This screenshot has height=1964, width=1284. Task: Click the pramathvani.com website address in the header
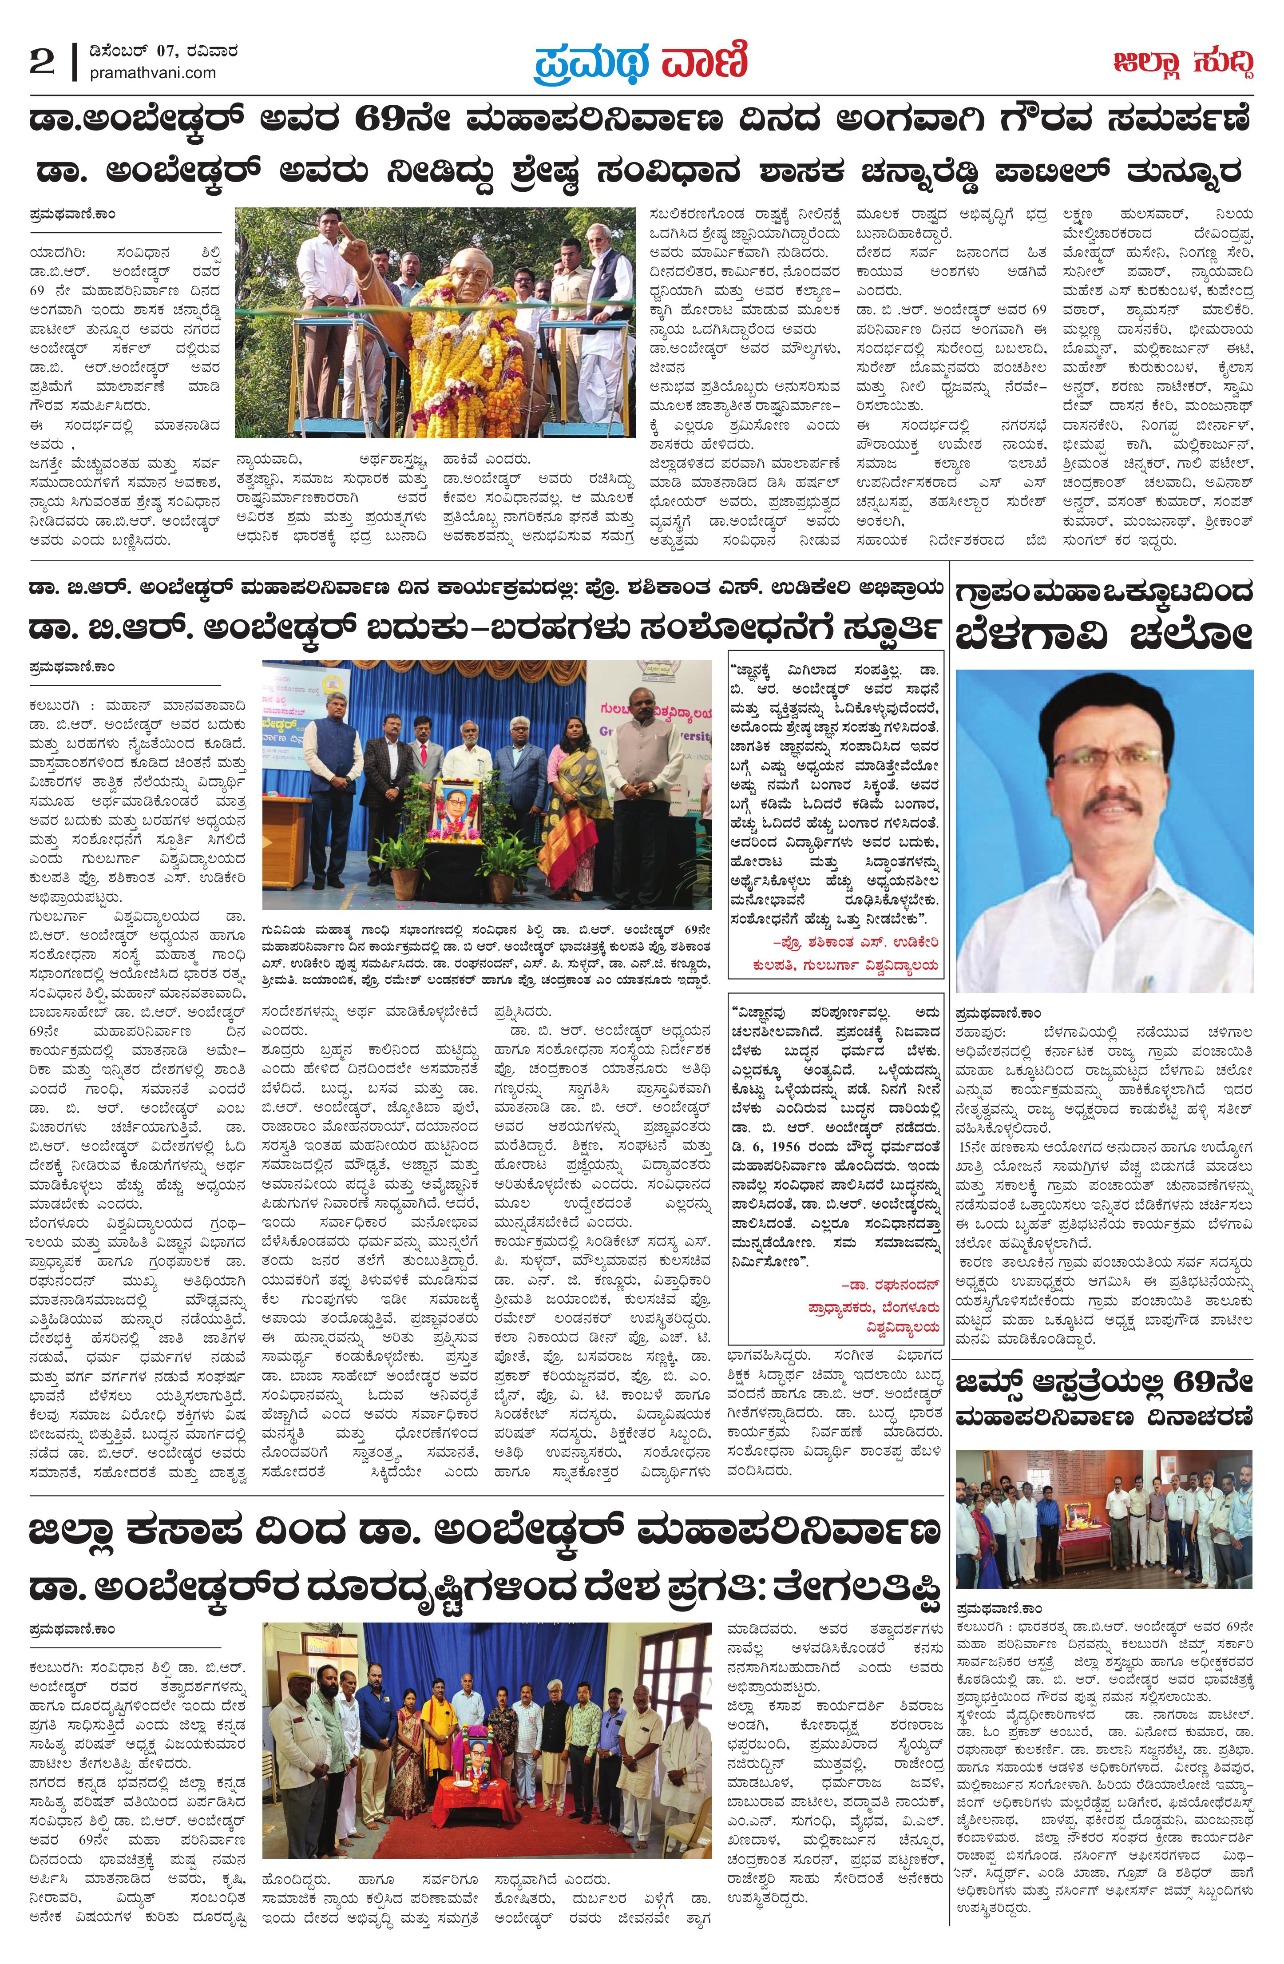coord(153,73)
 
